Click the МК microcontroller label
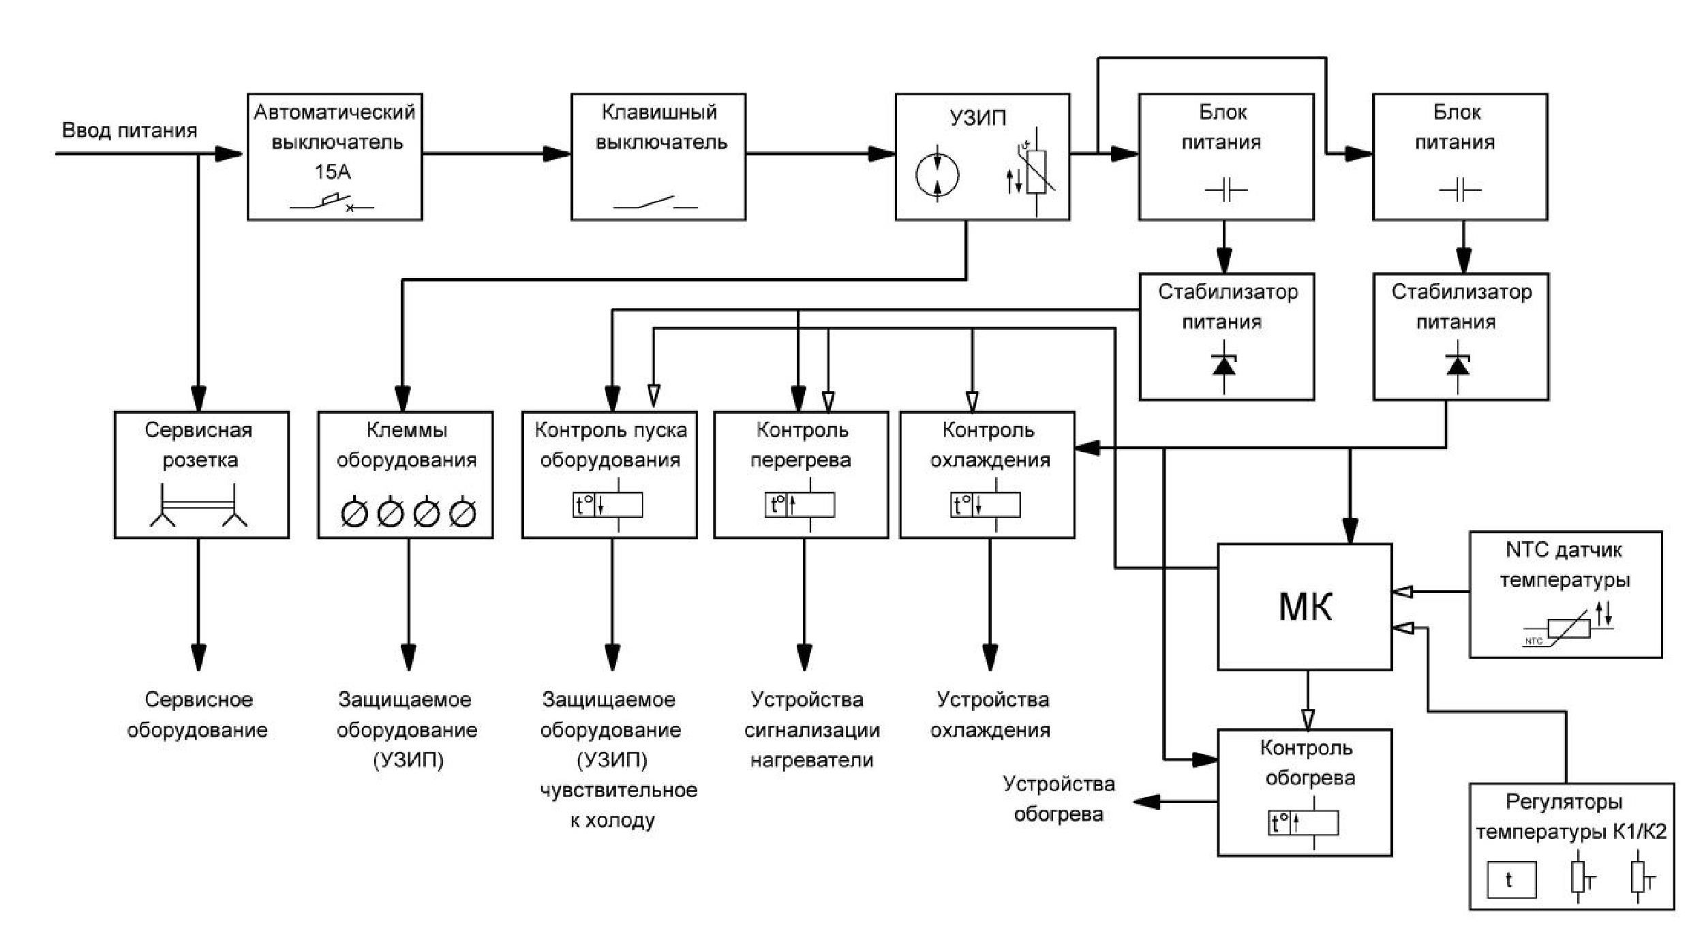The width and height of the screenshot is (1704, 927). [x=1305, y=606]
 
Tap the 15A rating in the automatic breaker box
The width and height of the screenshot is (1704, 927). [x=333, y=172]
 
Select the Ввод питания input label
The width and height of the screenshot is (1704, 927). [x=130, y=130]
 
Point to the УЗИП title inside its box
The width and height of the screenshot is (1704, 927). [x=977, y=118]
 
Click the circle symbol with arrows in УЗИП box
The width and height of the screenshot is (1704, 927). [x=937, y=174]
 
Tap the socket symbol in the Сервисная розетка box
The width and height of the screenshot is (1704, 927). [x=198, y=505]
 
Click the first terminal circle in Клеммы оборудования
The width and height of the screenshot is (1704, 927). [x=354, y=514]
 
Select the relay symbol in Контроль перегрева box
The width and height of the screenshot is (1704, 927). [x=800, y=505]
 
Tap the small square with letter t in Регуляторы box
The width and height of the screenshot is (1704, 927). [x=1512, y=880]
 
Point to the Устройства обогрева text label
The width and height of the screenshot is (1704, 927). [x=1059, y=799]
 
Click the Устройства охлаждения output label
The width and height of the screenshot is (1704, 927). [x=990, y=714]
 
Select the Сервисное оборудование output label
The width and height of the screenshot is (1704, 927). [x=198, y=714]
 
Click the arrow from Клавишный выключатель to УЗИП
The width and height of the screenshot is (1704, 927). [x=821, y=154]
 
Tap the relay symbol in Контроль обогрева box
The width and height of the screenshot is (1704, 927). [x=1303, y=823]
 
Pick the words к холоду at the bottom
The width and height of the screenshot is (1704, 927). [x=612, y=820]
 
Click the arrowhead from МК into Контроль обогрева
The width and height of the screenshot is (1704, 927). [x=1307, y=719]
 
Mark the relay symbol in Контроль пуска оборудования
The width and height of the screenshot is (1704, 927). [x=607, y=505]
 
